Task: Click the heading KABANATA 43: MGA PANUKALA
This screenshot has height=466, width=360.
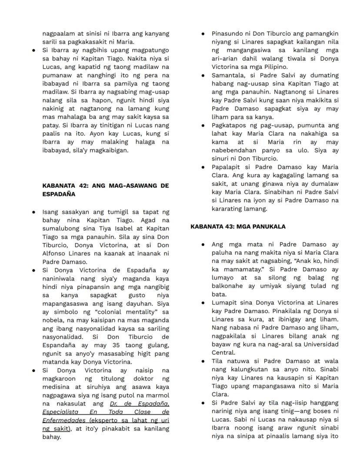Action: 238,227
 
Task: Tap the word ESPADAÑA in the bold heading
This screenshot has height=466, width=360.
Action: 59,194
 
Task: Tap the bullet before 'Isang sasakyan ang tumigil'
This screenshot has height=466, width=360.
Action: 33,212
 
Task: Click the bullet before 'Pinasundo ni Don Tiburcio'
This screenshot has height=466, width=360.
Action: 203,34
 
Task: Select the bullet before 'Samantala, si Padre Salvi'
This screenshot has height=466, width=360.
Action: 203,76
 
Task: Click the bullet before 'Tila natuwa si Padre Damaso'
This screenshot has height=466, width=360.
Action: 203,361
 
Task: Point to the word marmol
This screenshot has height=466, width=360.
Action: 158,395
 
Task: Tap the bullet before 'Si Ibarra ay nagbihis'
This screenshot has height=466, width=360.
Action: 33,50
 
